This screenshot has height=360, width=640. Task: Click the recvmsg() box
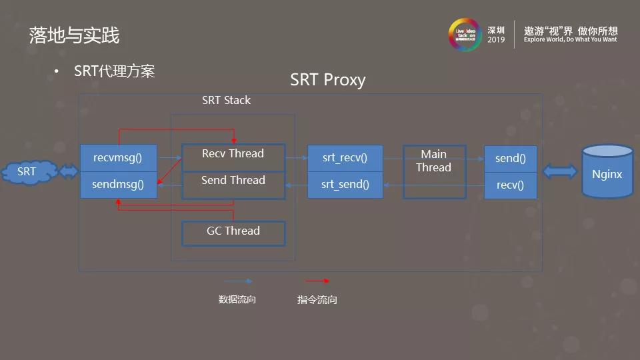click(x=118, y=158)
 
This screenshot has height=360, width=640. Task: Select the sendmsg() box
click(x=118, y=185)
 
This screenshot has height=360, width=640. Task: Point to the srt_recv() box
click(x=345, y=159)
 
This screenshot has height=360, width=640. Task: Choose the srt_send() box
click(x=345, y=185)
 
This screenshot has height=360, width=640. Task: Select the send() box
click(x=510, y=159)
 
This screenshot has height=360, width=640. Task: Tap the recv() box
click(x=510, y=185)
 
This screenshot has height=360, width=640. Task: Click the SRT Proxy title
click(x=328, y=80)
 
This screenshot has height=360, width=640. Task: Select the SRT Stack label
click(x=226, y=101)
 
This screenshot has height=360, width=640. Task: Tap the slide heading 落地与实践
click(x=74, y=35)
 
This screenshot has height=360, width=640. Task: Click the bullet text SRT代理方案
click(x=115, y=71)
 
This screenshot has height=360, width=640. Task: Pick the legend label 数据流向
click(x=237, y=300)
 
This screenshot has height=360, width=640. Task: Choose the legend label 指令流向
click(x=317, y=300)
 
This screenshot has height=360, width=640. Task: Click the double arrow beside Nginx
click(x=560, y=172)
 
